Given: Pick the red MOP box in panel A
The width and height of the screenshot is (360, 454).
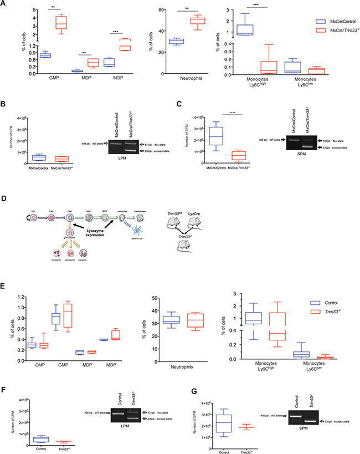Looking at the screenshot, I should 143,45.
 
